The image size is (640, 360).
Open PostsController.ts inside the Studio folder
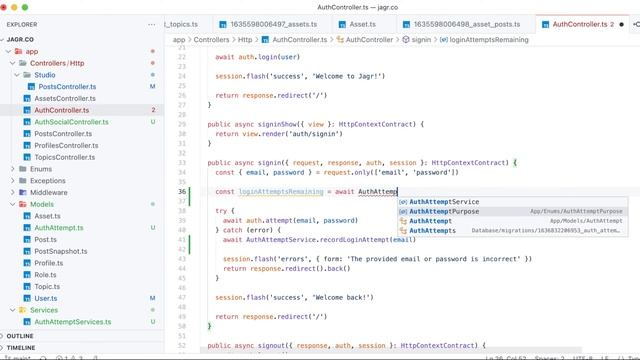pyautogui.click(x=66, y=87)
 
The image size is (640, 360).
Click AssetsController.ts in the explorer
pyautogui.click(x=65, y=99)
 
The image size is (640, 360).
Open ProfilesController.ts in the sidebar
pyautogui.click(x=66, y=145)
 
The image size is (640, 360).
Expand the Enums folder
pyautogui.click(x=41, y=169)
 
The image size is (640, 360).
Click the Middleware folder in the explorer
pyautogui.click(x=49, y=192)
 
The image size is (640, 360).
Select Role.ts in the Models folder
pyautogui.click(x=46, y=274)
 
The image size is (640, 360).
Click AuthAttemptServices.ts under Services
pyautogui.click(x=73, y=322)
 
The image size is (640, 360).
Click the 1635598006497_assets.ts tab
pyautogui.click(x=268, y=23)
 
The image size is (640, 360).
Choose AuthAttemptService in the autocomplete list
pyautogui.click(x=444, y=202)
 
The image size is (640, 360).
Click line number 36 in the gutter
pyautogui.click(x=181, y=191)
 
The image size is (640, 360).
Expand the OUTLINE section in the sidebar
pyautogui.click(x=20, y=336)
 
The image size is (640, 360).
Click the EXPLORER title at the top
pyautogui.click(x=22, y=23)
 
